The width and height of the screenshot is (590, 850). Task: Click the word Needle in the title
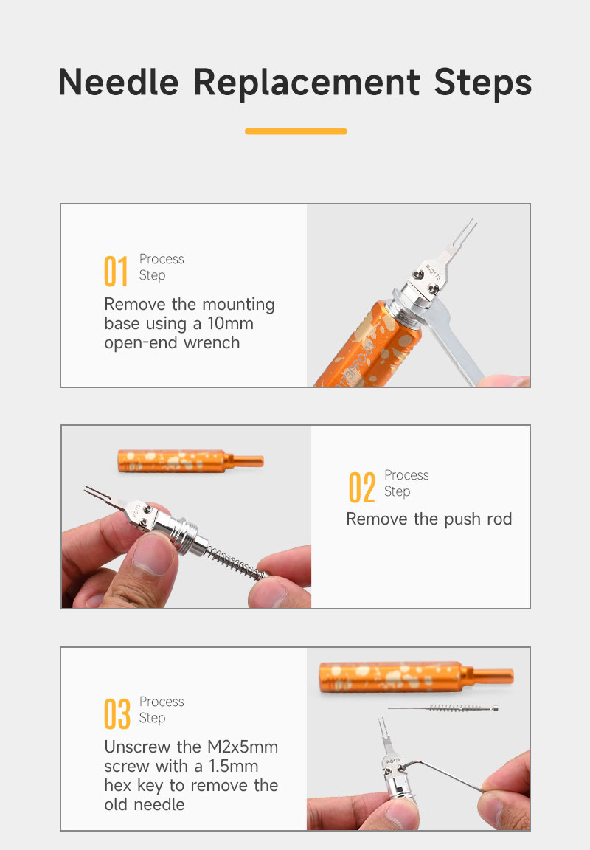[118, 83]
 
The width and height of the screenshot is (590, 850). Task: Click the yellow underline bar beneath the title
[296, 131]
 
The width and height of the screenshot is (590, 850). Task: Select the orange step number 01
[115, 271]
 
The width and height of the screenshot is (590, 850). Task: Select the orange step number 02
[361, 487]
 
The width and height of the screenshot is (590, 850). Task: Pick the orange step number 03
[117, 714]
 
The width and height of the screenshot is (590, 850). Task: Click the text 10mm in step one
[230, 324]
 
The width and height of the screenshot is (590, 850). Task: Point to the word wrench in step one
[212, 343]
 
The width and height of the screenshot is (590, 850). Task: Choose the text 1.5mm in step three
[234, 766]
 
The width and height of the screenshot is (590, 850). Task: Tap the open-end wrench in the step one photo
[455, 342]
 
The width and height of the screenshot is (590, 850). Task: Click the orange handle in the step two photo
[190, 461]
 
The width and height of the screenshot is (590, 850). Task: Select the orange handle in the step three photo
[415, 677]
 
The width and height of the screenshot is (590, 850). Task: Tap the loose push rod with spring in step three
[442, 708]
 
